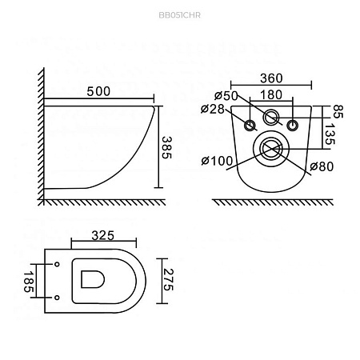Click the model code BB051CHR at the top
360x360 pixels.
(179, 15)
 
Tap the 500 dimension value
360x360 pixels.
(98, 91)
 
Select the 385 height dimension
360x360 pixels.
(167, 147)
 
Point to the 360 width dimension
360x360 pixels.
(271, 78)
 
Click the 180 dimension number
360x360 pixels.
(271, 95)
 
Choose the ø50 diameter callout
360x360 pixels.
(226, 96)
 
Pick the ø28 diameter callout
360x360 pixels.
(213, 110)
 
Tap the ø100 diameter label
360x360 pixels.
(217, 161)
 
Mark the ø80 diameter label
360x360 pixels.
(322, 166)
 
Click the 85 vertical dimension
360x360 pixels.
(338, 111)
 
